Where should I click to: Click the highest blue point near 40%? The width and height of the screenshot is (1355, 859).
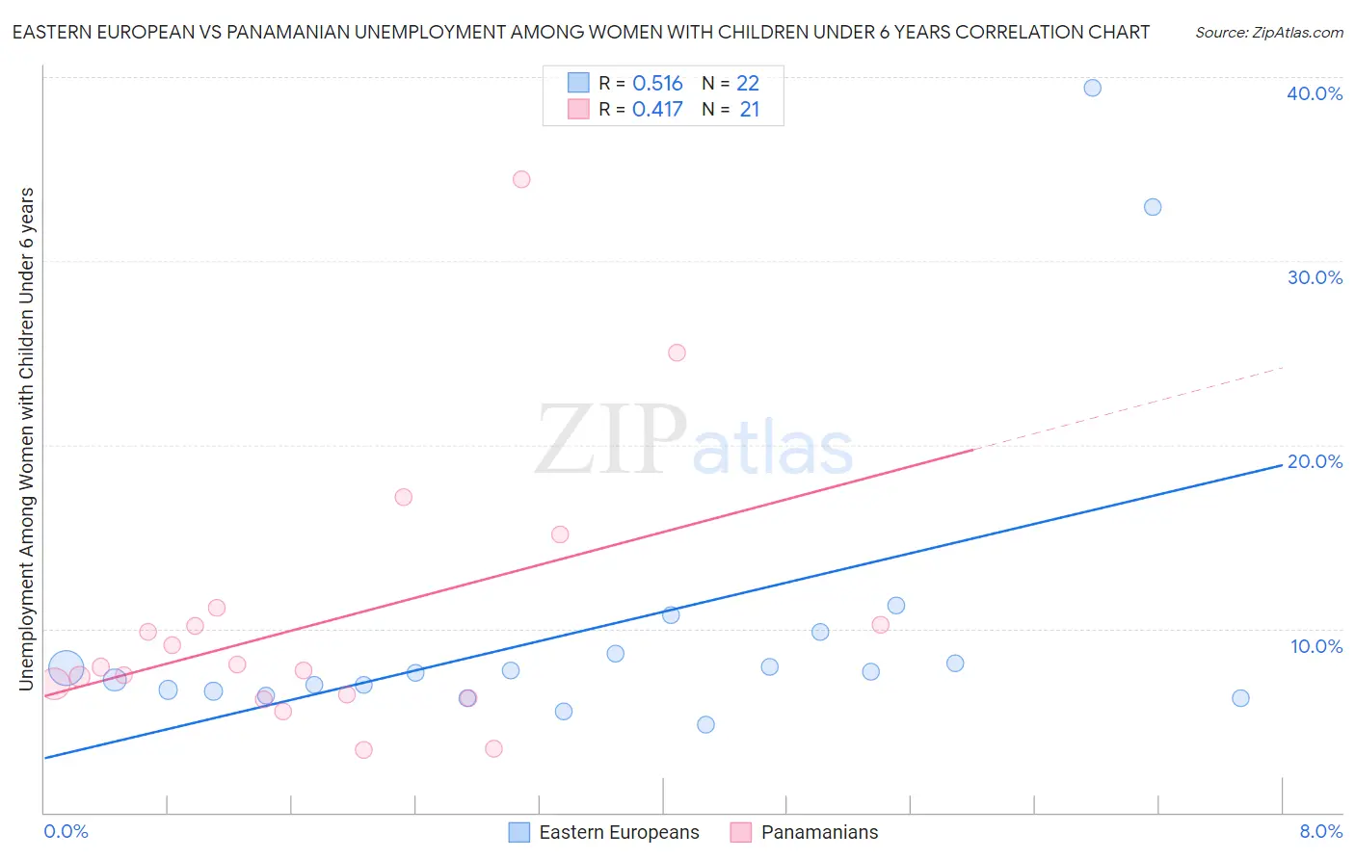coord(1092,88)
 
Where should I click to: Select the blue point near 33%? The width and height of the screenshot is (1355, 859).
coord(1152,207)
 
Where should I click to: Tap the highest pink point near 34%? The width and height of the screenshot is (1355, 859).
coord(521,179)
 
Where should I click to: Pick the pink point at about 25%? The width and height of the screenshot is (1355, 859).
coord(677,352)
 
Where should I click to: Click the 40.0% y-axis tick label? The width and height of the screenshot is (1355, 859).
coord(1315,93)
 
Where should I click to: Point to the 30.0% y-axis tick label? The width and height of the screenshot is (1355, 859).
coord(1315,277)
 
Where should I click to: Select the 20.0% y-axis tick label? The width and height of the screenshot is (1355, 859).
coord(1315,461)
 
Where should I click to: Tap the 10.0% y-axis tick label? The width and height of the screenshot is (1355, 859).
coord(1316,646)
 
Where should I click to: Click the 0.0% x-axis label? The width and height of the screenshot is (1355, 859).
coord(66,831)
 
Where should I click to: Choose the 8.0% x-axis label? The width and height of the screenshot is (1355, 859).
coord(1320,831)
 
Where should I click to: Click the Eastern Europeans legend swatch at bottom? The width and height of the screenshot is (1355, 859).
coord(519,832)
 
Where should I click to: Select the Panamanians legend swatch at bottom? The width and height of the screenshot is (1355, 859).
coord(741,832)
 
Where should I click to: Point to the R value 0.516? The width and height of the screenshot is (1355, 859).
coord(657,84)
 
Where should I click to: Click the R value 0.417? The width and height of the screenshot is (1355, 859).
coord(657,110)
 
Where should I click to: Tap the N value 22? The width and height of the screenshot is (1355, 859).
coord(748,84)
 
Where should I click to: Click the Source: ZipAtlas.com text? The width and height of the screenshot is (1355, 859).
coord(1268,33)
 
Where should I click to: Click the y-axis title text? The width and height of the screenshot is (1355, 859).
coord(26,438)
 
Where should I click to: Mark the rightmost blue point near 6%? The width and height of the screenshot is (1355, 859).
coord(1240,698)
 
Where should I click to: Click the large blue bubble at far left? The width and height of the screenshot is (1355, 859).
coord(66,666)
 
